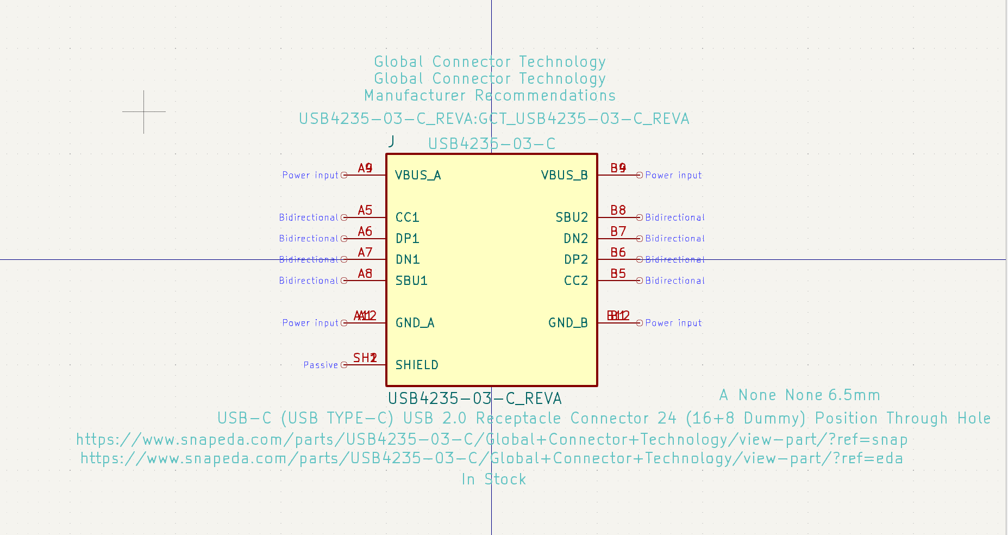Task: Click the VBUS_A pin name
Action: point(417,175)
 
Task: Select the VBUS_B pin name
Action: point(564,175)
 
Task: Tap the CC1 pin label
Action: point(407,217)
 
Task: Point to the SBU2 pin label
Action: point(572,217)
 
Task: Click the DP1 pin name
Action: point(407,239)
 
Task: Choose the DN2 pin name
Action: point(575,239)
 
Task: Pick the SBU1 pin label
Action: point(411,281)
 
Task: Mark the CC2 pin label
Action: point(575,281)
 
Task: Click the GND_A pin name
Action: point(415,323)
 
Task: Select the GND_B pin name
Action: point(568,323)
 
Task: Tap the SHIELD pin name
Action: point(417,365)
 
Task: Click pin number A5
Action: point(365,210)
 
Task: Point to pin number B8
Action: point(618,210)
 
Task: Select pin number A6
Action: point(365,232)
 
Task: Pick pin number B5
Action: point(618,273)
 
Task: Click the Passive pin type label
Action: point(321,365)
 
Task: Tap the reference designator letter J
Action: point(392,141)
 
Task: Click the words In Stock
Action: point(493,479)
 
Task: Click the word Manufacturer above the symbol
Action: point(415,96)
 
